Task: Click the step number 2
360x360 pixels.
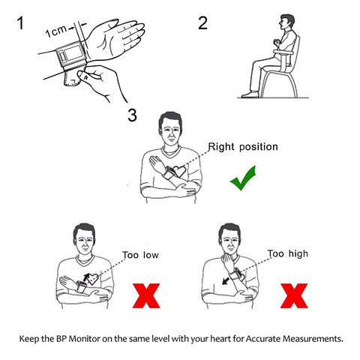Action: (x=202, y=23)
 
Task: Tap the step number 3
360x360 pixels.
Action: (x=132, y=115)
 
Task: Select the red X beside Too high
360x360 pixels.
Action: (x=295, y=295)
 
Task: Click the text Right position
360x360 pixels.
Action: (x=242, y=147)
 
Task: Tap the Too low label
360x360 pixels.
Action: (x=140, y=255)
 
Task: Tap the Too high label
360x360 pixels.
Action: (x=287, y=254)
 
